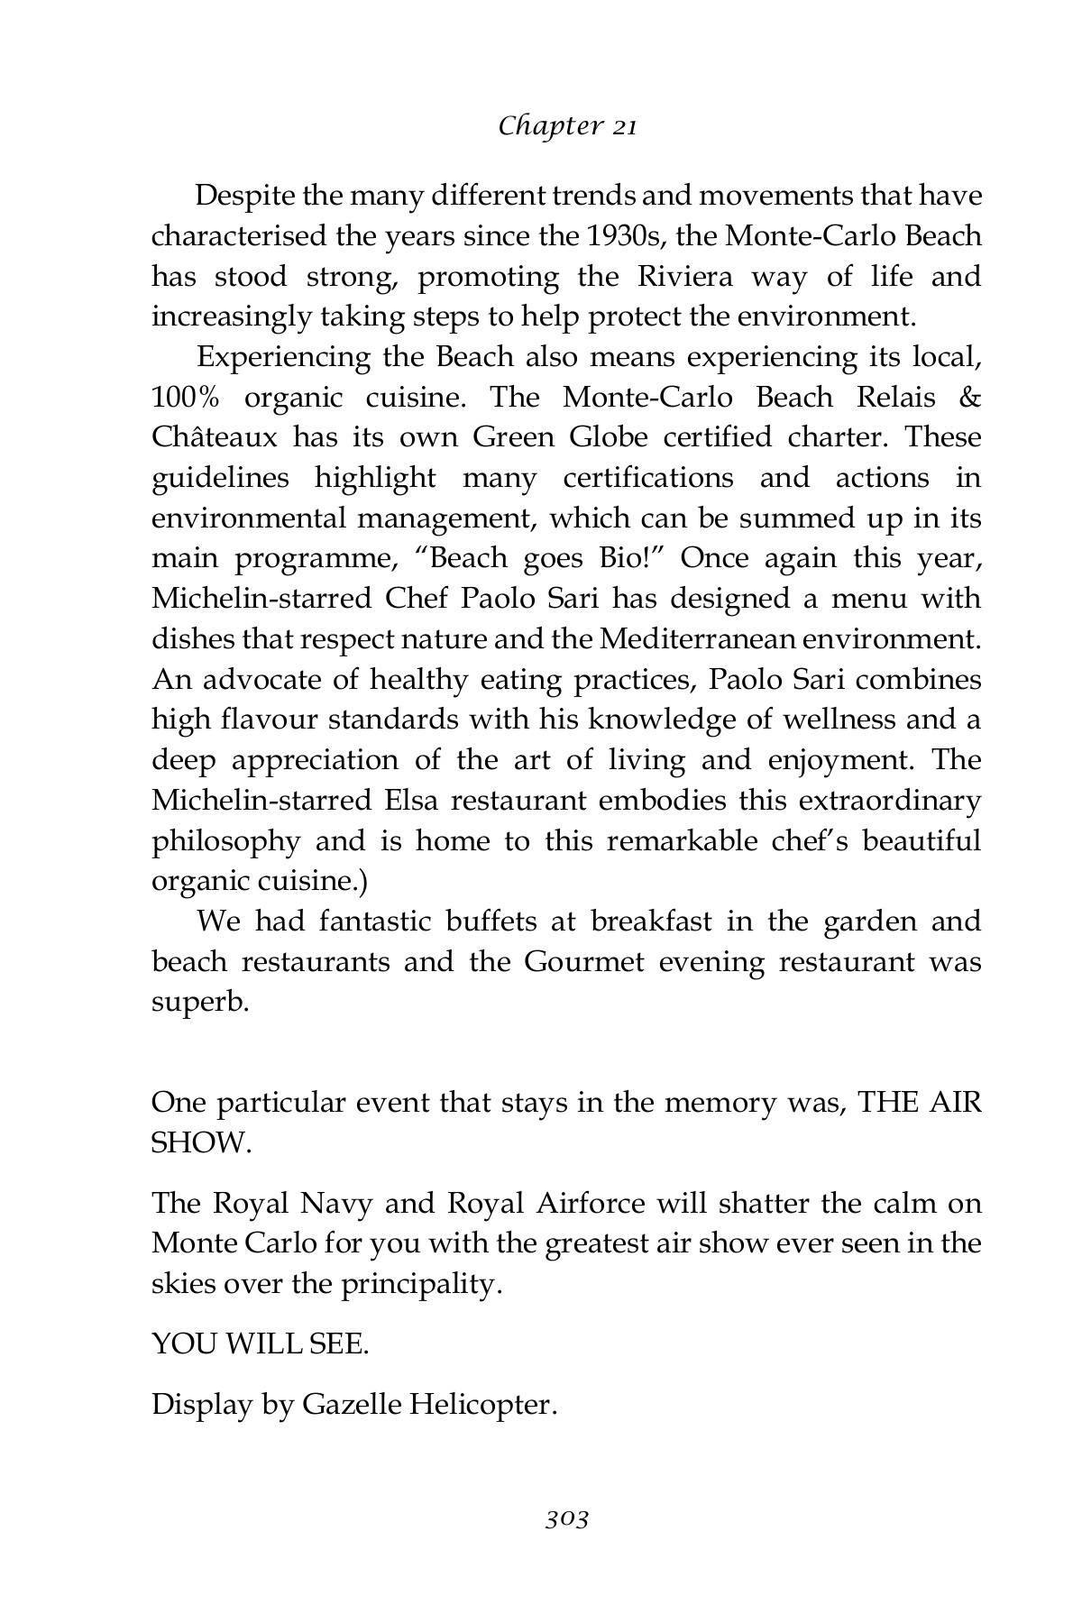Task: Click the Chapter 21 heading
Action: [567, 126]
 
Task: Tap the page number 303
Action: [566, 1519]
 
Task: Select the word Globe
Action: [609, 438]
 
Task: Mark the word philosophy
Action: [225, 842]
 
